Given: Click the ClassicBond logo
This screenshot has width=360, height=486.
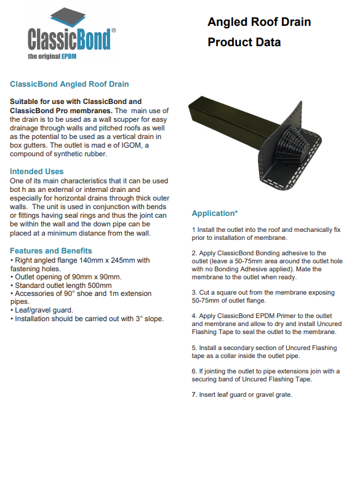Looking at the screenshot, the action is (71, 33).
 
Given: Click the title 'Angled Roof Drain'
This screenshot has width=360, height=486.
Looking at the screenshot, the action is (259, 22).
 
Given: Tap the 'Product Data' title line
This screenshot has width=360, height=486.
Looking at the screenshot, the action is (244, 42).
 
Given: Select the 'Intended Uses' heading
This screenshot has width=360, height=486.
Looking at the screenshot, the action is (36, 172).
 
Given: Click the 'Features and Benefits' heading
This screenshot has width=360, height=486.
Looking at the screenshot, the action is (51, 251).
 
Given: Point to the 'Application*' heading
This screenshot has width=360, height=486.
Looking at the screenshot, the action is (215, 213).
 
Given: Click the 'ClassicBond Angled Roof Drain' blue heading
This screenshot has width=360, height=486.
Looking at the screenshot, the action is (69, 84).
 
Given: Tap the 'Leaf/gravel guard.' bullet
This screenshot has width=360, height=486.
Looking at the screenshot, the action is (42, 310).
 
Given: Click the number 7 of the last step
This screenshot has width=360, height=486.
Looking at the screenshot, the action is (194, 395).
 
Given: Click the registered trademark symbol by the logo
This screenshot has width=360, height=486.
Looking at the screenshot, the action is (113, 30).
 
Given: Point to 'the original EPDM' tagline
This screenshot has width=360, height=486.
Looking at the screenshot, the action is (52, 57).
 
